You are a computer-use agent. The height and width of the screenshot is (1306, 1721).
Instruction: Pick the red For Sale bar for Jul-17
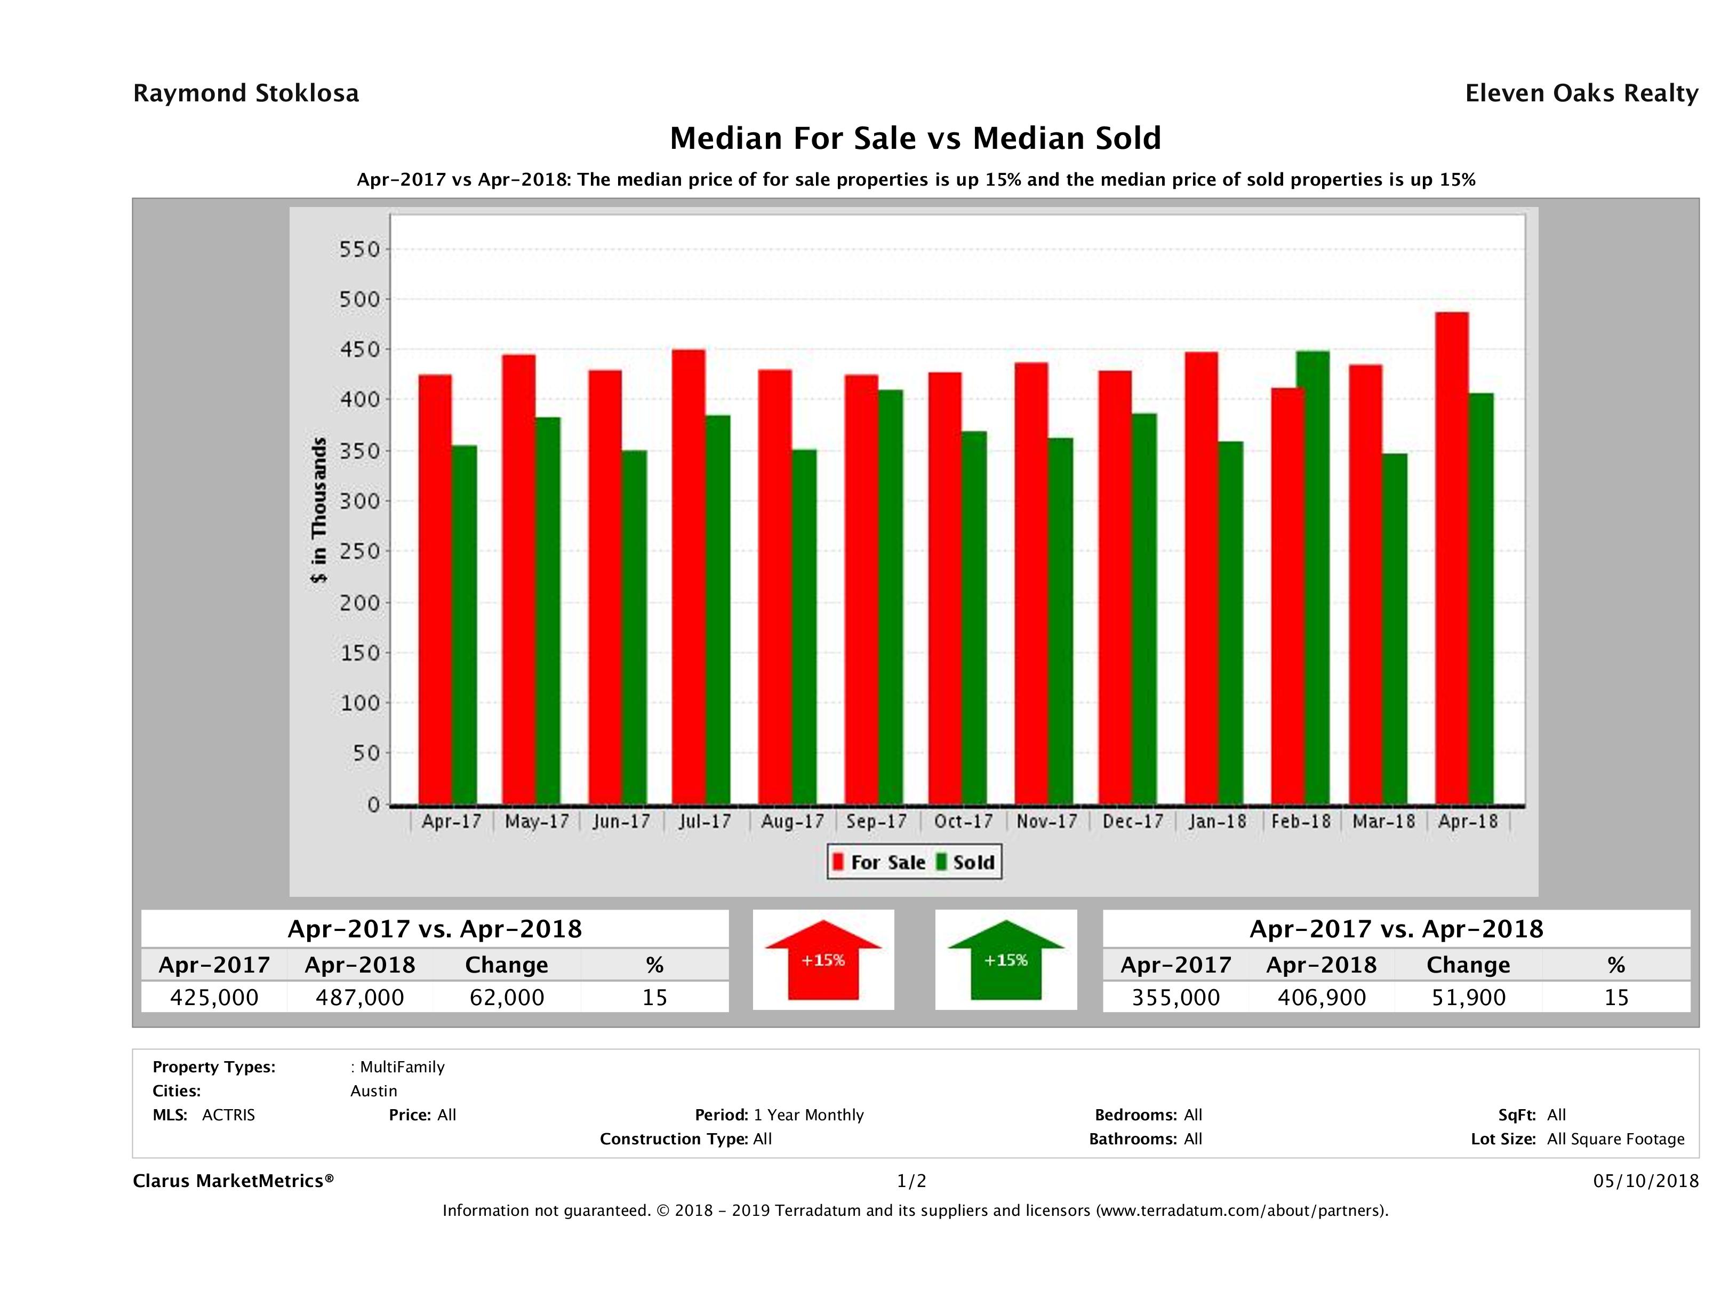[689, 576]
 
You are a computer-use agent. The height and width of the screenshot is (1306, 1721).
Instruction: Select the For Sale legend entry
[879, 862]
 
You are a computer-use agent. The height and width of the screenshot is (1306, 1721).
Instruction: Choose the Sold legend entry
[965, 862]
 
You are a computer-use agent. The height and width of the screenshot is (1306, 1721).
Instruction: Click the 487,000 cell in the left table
[359, 997]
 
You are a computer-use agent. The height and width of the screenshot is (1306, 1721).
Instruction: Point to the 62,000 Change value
[507, 997]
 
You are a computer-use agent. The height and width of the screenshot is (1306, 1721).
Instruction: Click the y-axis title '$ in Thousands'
[319, 511]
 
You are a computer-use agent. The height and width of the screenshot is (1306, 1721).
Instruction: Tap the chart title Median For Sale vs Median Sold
[915, 139]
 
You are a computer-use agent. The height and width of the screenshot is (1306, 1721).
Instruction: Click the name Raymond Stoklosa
[246, 93]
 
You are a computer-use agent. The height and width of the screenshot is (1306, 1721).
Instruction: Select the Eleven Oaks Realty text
[1581, 93]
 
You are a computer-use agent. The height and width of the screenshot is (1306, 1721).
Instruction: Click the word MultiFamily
[402, 1067]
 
